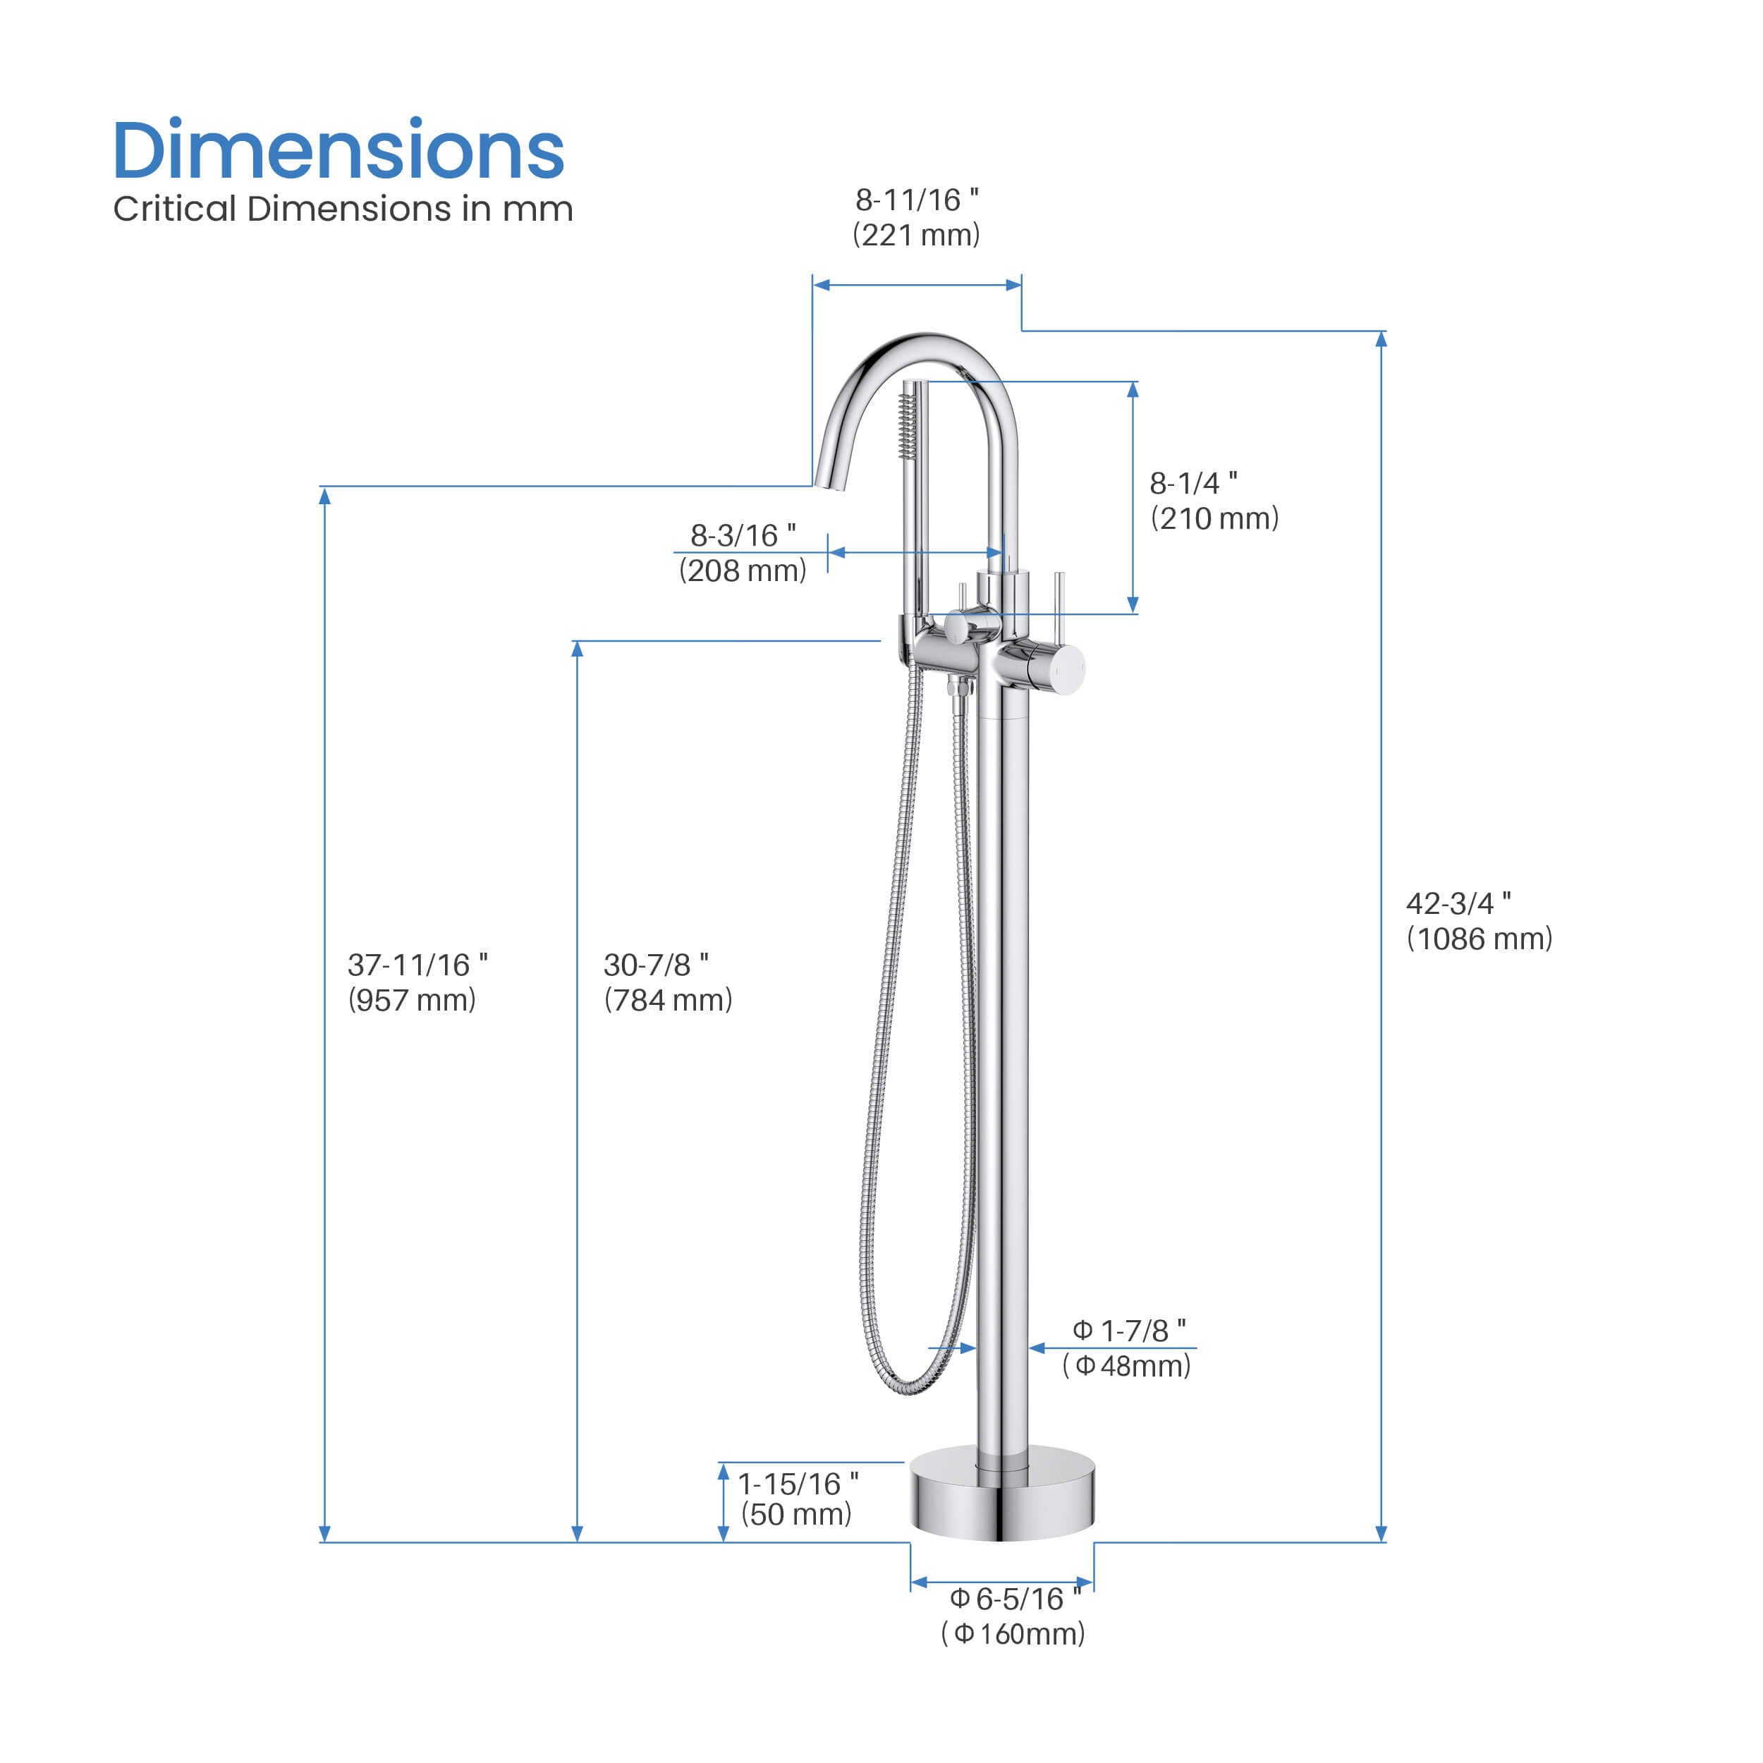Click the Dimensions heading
point(338,151)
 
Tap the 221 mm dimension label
point(916,236)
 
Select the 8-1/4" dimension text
point(1192,483)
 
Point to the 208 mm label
point(742,571)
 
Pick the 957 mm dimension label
point(412,1000)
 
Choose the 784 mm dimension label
point(668,1000)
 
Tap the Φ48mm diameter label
point(1126,1366)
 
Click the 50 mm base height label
point(795,1515)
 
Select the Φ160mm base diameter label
point(1013,1633)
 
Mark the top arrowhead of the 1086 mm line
point(1381,339)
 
